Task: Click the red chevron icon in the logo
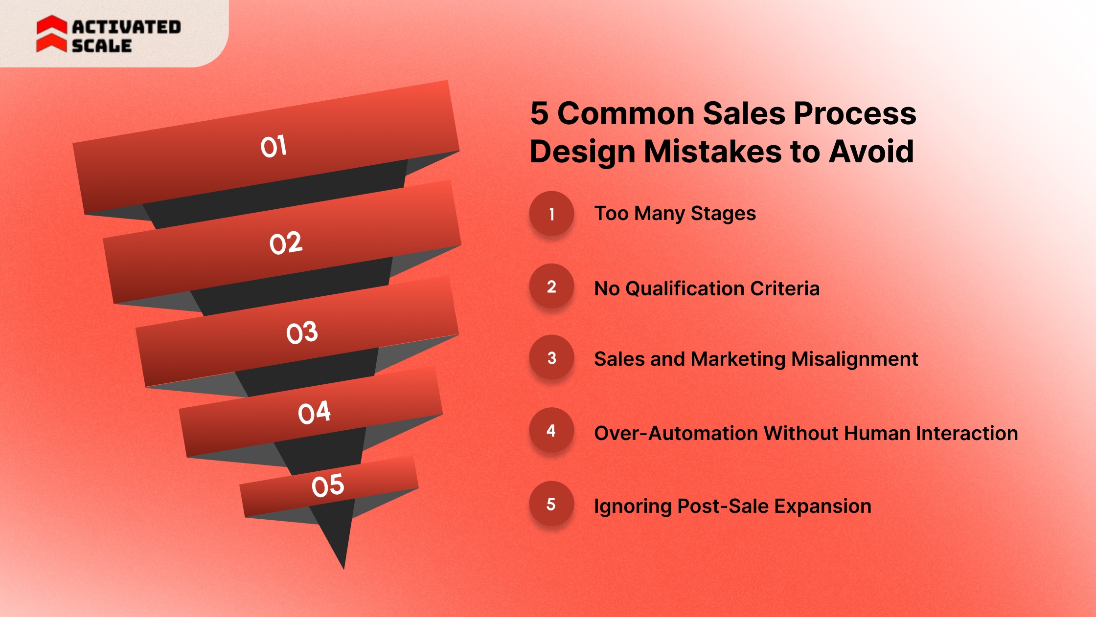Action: pos(51,34)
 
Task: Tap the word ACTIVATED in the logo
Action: pos(127,27)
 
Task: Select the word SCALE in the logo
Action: pos(102,46)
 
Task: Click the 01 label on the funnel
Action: pos(274,146)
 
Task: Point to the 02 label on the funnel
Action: pos(286,243)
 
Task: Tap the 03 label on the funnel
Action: pos(302,332)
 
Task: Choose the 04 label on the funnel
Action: pos(314,412)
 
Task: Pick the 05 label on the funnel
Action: pos(328,485)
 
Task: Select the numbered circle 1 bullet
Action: pos(551,214)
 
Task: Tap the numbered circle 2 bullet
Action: pos(551,286)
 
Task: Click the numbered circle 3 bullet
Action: pos(551,358)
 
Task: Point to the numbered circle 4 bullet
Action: pos(551,430)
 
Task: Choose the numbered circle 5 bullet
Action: pos(551,504)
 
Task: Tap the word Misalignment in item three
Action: pos(854,359)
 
